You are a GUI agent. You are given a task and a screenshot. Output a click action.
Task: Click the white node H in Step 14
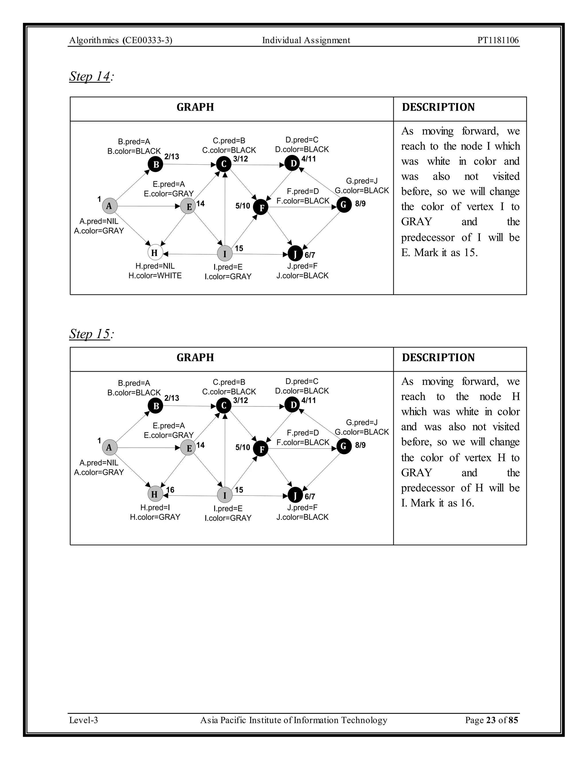click(155, 253)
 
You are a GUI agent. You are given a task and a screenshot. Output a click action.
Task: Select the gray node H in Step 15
click(155, 494)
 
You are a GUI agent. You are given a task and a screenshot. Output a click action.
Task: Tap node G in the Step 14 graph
click(344, 205)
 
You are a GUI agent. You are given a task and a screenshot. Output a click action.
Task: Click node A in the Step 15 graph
click(109, 447)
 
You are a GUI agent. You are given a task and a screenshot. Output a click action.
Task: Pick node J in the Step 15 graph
click(295, 495)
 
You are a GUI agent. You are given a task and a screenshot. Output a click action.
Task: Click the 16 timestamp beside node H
click(170, 490)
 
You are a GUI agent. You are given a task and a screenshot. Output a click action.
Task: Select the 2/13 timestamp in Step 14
click(172, 156)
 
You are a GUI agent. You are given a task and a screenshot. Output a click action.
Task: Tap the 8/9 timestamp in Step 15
click(360, 445)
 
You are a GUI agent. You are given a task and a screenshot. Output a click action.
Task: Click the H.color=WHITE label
click(155, 276)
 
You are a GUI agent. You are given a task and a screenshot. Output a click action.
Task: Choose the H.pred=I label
click(155, 508)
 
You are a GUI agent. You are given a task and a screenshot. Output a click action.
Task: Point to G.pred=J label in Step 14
click(362, 181)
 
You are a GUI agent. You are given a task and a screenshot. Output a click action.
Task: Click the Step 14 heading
click(91, 76)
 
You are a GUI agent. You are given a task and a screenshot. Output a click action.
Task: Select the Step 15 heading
click(91, 334)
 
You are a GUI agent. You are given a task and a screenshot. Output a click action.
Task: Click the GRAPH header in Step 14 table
click(195, 107)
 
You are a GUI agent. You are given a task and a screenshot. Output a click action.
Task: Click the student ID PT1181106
click(498, 40)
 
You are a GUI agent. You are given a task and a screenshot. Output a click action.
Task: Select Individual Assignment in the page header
click(306, 40)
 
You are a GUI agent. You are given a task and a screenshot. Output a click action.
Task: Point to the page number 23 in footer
click(491, 720)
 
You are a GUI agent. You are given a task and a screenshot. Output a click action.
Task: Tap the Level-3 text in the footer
click(83, 720)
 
